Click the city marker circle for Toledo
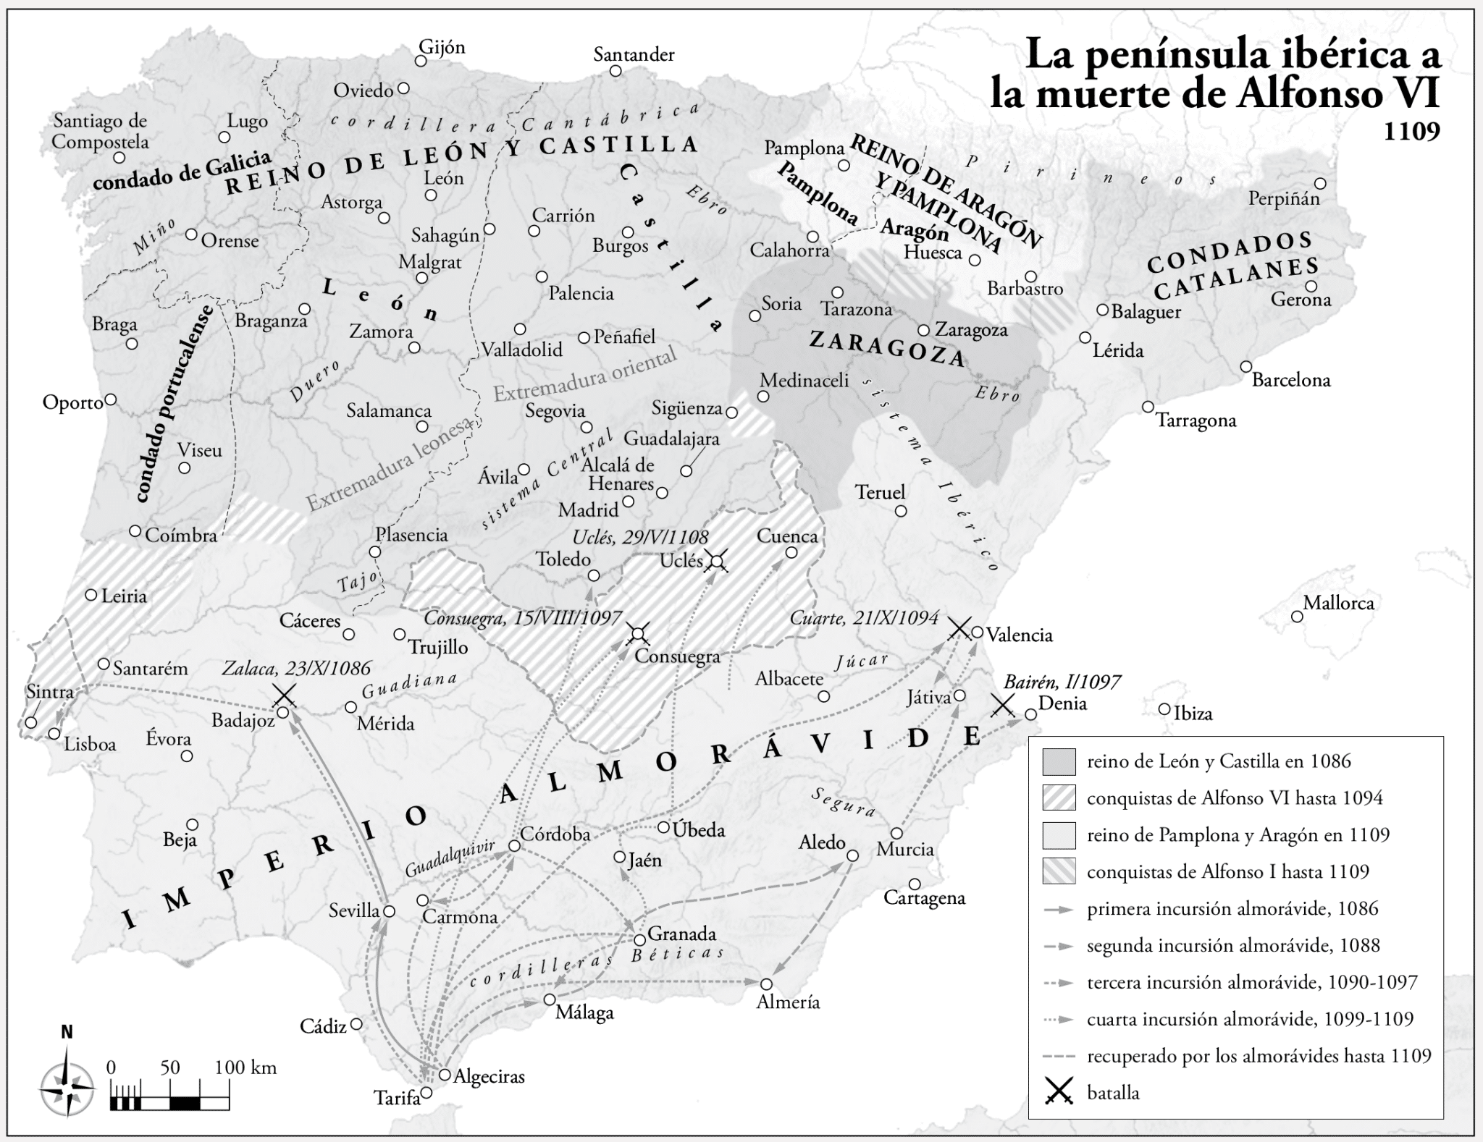pyautogui.click(x=594, y=575)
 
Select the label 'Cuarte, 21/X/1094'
pyautogui.click(x=863, y=617)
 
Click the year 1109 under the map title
pyautogui.click(x=1412, y=132)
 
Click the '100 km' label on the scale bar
pyautogui.click(x=245, y=1067)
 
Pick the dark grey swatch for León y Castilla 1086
pyautogui.click(x=1059, y=761)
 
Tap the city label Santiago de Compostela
pyautogui.click(x=99, y=131)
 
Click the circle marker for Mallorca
pyautogui.click(x=1297, y=617)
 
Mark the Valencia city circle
pyautogui.click(x=976, y=632)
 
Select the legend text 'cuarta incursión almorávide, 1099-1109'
pyautogui.click(x=1250, y=1019)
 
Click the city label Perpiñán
pyautogui.click(x=1284, y=198)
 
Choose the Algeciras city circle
pyautogui.click(x=445, y=1075)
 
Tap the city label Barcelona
pyautogui.click(x=1291, y=379)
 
